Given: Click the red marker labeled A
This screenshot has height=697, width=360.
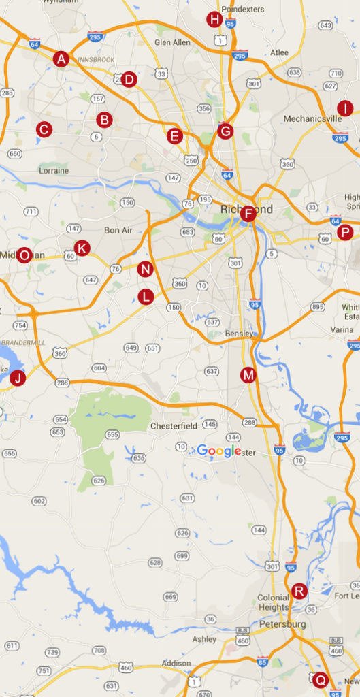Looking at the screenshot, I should (61, 59).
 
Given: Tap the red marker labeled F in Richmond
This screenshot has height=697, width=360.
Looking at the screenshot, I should (248, 214).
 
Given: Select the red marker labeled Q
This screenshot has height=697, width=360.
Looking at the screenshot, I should (321, 679).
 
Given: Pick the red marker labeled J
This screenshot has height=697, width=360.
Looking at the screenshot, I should (18, 378).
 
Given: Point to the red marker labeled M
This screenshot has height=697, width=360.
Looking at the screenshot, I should (248, 374).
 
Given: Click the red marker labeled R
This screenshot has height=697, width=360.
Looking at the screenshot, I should (299, 590).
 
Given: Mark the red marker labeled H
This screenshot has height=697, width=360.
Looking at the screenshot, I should (215, 19).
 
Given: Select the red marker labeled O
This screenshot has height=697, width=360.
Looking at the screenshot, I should (24, 255).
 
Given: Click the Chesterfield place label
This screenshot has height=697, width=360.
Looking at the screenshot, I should (174, 426).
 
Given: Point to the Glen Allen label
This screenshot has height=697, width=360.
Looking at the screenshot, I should (172, 42).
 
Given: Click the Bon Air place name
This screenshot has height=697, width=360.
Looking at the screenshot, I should (118, 230).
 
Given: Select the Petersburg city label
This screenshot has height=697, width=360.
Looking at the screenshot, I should (282, 624).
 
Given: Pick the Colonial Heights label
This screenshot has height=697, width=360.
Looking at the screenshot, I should (273, 602).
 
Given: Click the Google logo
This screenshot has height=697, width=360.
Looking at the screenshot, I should (219, 451).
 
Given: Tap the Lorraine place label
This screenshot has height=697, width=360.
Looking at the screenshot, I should (54, 170).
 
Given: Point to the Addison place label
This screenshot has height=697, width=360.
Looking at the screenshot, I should (176, 663).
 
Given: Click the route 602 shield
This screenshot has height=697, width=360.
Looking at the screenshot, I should (39, 501).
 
